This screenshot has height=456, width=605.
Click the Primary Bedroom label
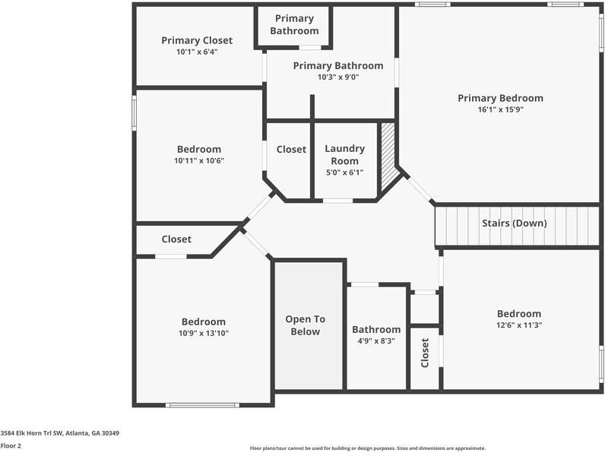coord(500,98)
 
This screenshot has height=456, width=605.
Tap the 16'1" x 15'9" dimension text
coord(500,109)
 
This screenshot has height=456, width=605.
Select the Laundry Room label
coord(344,155)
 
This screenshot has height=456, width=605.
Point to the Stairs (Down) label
coord(515,223)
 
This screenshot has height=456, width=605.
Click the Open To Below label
coord(306,325)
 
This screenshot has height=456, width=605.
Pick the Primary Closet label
coord(197,40)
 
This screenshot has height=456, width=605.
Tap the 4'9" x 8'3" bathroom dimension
coord(376,341)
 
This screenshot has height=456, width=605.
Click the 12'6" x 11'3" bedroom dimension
coord(519,325)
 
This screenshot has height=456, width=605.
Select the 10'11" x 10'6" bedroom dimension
coord(199,161)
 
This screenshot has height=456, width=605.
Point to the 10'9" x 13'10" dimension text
coord(204,334)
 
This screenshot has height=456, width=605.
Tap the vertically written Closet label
coord(425,353)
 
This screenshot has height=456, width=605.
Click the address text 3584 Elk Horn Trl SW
coord(31,433)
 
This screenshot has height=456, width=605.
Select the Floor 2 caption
coord(11,446)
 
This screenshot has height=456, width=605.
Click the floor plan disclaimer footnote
coord(368,448)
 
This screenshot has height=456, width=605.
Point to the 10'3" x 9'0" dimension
coord(338,78)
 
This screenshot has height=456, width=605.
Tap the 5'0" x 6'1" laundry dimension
coord(344,173)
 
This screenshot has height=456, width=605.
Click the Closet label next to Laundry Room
coord(291,149)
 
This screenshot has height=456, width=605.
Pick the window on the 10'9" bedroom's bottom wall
coord(203,405)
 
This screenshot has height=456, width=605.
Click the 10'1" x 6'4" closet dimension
coord(197,52)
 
